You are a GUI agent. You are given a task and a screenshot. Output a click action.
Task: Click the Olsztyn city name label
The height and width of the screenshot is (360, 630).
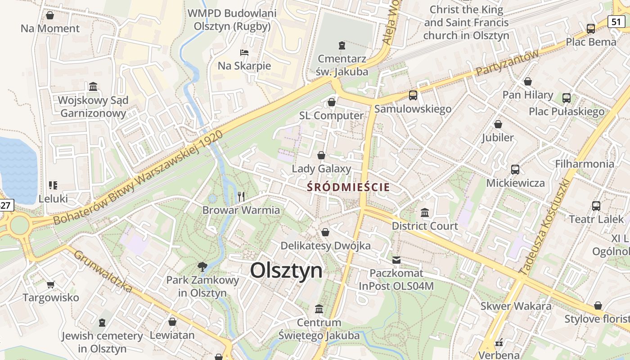[286, 270]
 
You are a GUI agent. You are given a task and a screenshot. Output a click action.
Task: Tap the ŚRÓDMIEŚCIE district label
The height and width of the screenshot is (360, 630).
[348, 187]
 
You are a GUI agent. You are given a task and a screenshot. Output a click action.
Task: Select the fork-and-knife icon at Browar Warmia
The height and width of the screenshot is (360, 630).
[241, 196]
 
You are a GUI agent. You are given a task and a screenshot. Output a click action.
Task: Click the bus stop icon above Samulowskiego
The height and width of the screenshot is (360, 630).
[413, 95]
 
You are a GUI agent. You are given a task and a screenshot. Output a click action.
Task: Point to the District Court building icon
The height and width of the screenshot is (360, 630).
[425, 212]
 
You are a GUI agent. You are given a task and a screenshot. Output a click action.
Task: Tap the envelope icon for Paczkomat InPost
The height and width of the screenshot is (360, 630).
[396, 260]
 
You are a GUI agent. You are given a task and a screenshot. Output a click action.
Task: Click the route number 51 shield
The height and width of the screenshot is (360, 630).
[616, 21]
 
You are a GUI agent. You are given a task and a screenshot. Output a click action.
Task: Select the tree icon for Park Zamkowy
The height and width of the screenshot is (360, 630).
[202, 266]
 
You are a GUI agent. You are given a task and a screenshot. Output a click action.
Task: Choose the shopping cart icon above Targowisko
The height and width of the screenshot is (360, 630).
[50, 284]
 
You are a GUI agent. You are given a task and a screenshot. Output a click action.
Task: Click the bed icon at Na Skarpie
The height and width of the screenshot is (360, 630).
[244, 53]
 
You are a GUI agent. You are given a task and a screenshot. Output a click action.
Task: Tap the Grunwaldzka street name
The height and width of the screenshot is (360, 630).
[103, 271]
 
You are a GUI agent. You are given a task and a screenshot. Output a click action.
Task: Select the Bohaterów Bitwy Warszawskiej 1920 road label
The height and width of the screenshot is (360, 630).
[138, 178]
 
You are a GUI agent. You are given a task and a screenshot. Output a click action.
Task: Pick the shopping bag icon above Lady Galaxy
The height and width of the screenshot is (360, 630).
[321, 155]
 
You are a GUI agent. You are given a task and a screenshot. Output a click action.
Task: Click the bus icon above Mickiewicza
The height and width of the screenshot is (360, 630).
[515, 170]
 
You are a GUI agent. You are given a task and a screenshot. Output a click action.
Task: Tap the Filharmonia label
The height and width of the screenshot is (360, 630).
[585, 164]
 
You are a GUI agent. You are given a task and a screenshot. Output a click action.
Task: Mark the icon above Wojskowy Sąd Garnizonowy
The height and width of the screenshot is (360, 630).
[93, 86]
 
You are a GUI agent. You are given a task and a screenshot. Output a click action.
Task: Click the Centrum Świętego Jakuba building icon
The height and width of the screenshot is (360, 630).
[319, 309]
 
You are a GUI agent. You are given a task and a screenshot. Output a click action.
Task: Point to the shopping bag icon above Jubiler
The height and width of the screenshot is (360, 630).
[498, 124]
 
